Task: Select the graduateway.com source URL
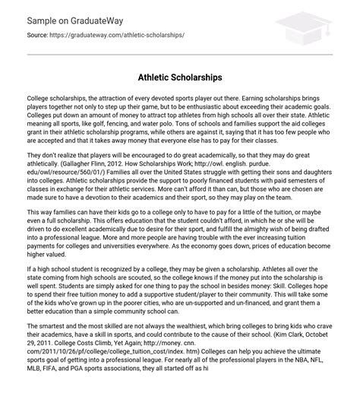pyautogui.click(x=118, y=36)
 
